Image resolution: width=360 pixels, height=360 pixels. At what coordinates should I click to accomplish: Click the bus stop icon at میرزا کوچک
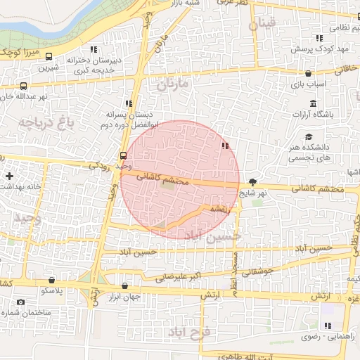[x=49, y=56]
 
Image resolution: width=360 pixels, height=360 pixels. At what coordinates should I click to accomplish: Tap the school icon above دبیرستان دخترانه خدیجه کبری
[x=94, y=50]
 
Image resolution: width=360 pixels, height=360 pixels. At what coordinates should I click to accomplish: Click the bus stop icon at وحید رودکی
[x=123, y=155]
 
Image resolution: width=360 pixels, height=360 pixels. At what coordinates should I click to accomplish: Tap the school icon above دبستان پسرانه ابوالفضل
[x=128, y=103]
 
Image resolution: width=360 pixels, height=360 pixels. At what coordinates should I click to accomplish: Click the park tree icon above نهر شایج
[x=253, y=181]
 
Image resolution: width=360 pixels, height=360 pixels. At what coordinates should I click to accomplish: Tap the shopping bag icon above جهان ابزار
[x=125, y=286]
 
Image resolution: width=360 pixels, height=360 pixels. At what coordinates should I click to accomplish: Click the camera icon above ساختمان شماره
[x=20, y=302]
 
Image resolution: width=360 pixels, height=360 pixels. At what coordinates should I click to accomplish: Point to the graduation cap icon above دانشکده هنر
[x=309, y=136]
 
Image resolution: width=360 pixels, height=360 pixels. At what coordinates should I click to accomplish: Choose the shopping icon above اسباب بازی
[x=309, y=73]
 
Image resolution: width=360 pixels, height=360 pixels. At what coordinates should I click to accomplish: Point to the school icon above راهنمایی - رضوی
[x=327, y=326]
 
